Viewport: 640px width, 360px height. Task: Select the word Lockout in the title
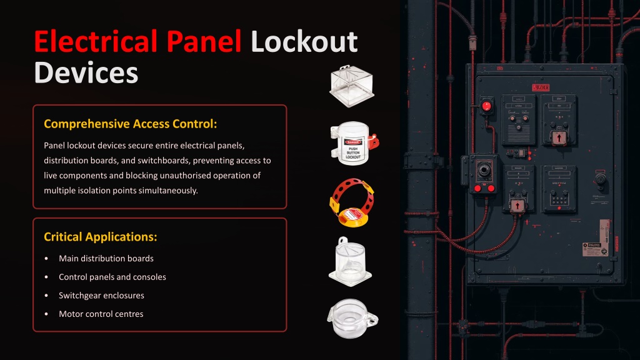[x=304, y=41]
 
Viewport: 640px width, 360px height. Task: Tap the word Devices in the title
[x=86, y=72]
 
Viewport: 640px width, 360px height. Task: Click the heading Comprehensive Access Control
[x=131, y=123]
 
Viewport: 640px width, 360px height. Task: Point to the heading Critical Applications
[x=100, y=237]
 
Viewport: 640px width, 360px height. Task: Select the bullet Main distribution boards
[x=106, y=258]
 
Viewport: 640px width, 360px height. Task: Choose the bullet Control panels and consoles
[x=112, y=277]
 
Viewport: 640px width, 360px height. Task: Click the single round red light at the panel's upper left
[x=486, y=106]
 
